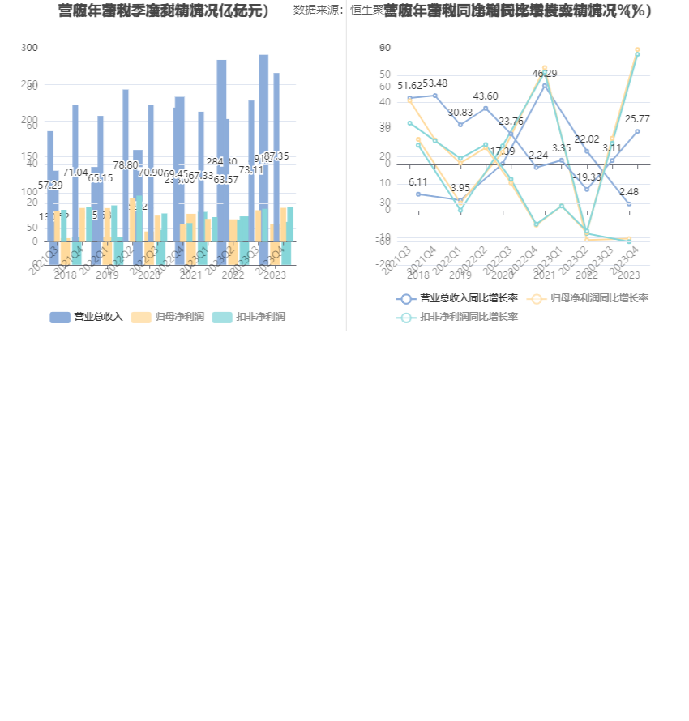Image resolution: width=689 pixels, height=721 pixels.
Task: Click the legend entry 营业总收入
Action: (x=86, y=317)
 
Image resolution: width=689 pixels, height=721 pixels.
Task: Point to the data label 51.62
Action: (x=409, y=86)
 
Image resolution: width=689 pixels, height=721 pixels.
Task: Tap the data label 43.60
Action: (x=486, y=96)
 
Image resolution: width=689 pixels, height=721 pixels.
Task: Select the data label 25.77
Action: (x=637, y=119)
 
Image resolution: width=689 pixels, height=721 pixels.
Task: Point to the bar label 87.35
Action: (x=276, y=156)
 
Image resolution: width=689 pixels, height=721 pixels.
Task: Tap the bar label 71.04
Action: (x=75, y=173)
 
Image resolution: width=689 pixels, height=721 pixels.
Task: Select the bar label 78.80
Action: (x=126, y=165)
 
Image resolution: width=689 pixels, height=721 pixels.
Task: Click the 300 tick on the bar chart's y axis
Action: (x=29, y=48)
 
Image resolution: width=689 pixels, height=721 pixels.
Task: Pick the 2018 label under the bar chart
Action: (x=65, y=275)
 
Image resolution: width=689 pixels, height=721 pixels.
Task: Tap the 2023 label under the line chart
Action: (x=628, y=275)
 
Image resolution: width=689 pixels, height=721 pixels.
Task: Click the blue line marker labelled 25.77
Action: (x=637, y=131)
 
